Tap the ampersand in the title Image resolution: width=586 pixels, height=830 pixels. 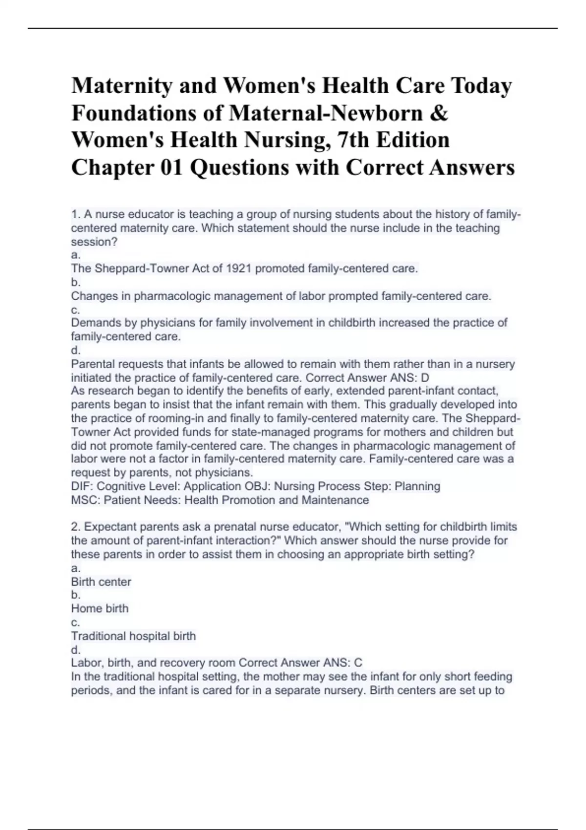coord(439,113)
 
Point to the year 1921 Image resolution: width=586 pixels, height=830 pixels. coord(239,269)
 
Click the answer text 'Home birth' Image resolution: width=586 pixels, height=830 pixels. coord(100,608)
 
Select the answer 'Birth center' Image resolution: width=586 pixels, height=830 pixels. coord(101,581)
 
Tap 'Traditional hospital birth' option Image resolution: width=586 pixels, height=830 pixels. coord(133,636)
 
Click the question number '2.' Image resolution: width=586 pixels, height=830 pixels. coord(76,527)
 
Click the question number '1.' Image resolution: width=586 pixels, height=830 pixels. coord(75,214)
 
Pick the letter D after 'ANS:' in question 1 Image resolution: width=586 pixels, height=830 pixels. coord(425,377)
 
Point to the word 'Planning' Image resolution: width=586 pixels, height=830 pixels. coord(418,486)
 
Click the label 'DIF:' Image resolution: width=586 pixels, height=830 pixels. coord(81,486)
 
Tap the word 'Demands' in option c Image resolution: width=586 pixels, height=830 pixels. coord(94,323)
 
